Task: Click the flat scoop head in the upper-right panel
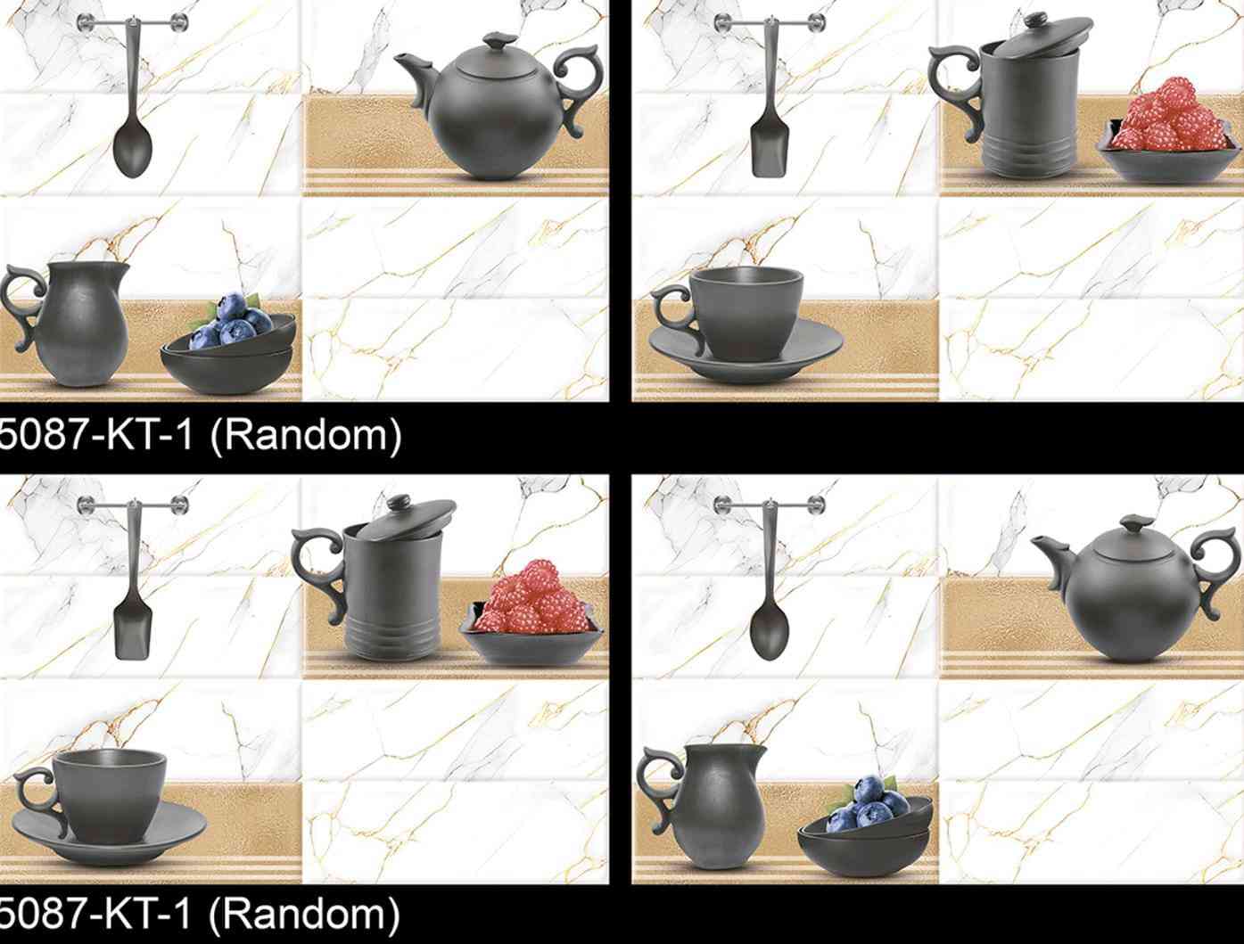[769, 154]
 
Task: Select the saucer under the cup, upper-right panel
[746, 351]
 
